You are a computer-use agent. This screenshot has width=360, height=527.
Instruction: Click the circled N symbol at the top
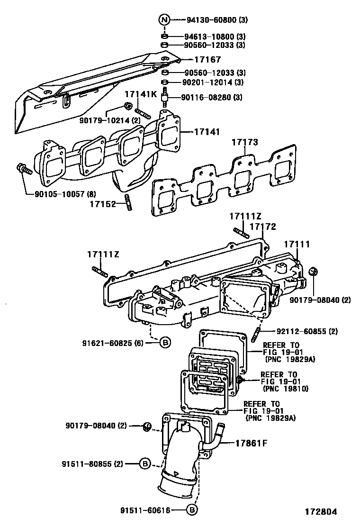(x=164, y=20)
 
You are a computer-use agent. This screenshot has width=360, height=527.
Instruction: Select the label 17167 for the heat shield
(x=207, y=60)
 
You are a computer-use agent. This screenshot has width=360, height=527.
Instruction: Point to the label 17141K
(x=141, y=94)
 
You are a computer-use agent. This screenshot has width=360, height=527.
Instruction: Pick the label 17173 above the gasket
(x=245, y=142)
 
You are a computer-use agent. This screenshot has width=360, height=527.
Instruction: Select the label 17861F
(x=252, y=444)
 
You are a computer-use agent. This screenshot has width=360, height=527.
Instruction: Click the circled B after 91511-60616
(x=191, y=510)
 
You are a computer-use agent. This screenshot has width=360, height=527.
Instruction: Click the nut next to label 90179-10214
(x=128, y=106)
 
